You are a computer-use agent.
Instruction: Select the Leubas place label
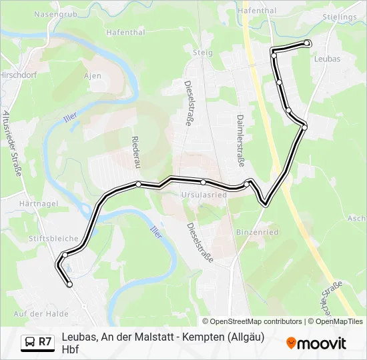pos(326,59)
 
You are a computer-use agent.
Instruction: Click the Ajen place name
pos(93,76)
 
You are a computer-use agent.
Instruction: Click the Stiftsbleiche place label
pos(53,238)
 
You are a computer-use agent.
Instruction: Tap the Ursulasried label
pos(204,195)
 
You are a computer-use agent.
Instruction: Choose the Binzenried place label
pos(257,232)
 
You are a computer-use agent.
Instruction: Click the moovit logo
pos(317,343)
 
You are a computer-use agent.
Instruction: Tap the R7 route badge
pos(45,342)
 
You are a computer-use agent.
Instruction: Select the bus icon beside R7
pos(30,342)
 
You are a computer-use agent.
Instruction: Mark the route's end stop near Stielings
pos(307,43)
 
